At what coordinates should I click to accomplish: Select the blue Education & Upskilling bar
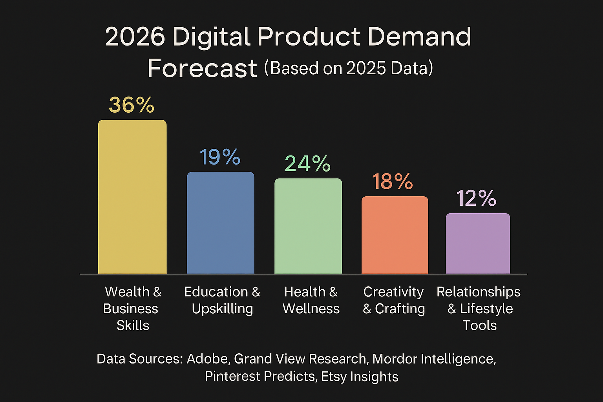pos(220,223)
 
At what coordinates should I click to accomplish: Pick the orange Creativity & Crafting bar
pos(395,235)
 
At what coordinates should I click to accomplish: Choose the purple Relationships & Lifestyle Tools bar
pos(478,244)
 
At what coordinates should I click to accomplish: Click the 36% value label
pos(132,105)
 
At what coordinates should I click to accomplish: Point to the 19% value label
pos(220,157)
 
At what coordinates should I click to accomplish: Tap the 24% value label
pos(307,164)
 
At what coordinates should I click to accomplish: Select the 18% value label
pos(392,182)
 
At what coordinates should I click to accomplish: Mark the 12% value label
pos(476,198)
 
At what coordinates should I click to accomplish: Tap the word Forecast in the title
pos(202,69)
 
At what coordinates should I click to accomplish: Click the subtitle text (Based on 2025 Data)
pos(349,68)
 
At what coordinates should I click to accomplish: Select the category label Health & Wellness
pos(311,300)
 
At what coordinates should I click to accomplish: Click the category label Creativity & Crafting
pos(394,300)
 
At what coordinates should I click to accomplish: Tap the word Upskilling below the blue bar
pos(222,309)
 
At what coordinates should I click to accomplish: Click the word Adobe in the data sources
pos(208,359)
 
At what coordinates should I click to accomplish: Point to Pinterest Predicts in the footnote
pos(260,376)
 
